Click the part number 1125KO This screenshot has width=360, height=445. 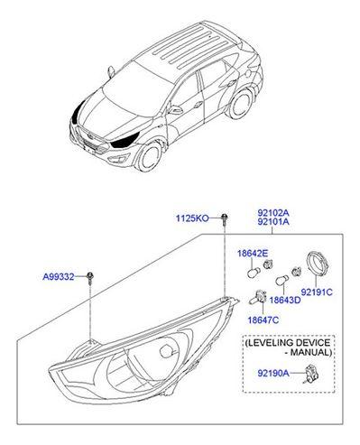[x=191, y=218]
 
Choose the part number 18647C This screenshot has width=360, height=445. [x=264, y=320]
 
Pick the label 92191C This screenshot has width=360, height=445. [x=317, y=292]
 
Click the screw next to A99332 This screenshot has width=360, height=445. [x=92, y=282]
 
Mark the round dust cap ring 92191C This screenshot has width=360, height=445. [x=317, y=263]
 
